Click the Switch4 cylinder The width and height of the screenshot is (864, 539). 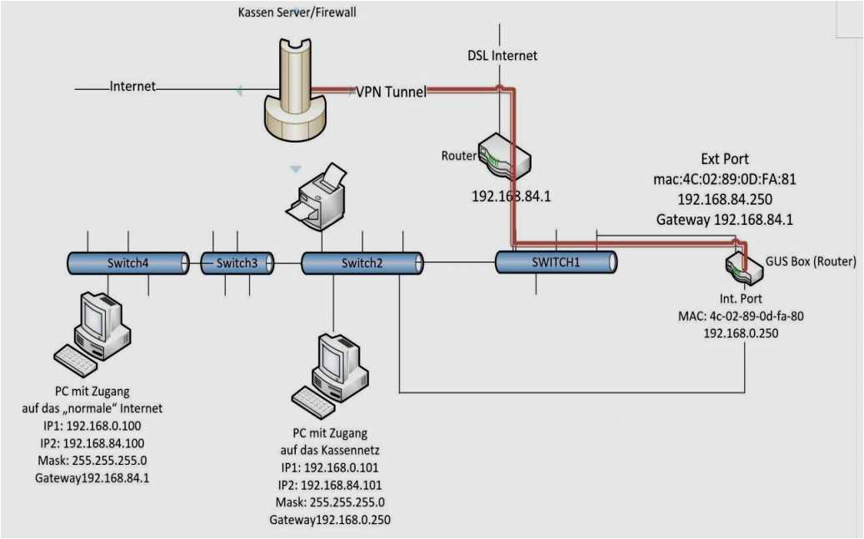[127, 263]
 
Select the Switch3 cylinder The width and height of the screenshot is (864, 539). [237, 263]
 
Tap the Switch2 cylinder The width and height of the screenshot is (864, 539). [362, 263]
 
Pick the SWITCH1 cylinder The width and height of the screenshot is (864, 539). [556, 262]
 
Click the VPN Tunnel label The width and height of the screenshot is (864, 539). [391, 92]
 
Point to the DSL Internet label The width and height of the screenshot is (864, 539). [502, 56]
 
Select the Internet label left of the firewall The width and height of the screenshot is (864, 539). [132, 86]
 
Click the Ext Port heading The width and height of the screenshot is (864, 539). [724, 159]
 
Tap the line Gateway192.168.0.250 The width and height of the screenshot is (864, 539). [329, 520]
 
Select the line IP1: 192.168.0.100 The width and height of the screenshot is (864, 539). [92, 426]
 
